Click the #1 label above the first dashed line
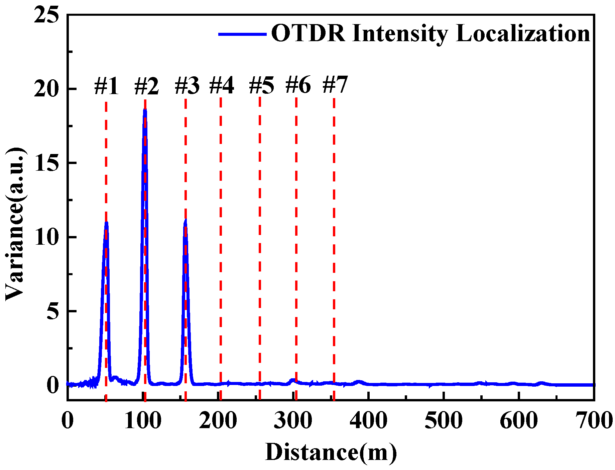[x=106, y=86]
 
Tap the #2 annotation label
[x=146, y=86]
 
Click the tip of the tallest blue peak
[x=145, y=109]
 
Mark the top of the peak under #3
[x=186, y=220]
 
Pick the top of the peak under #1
[x=106, y=222]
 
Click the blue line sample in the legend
[x=242, y=34]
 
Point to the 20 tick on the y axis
[x=46, y=89]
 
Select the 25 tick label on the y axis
[x=46, y=15]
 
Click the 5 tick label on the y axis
[x=52, y=311]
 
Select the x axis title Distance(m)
[x=331, y=452]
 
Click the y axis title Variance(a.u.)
[x=15, y=224]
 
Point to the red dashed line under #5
[x=260, y=234]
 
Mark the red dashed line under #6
[x=296, y=234]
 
